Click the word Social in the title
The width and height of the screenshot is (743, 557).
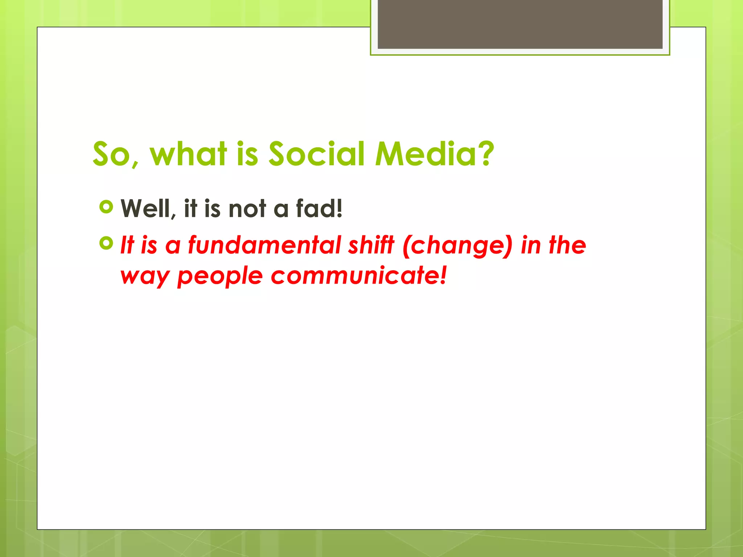pyautogui.click(x=316, y=154)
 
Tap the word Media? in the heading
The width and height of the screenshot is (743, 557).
pyautogui.click(x=434, y=154)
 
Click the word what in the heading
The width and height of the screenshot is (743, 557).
pyautogui.click(x=189, y=154)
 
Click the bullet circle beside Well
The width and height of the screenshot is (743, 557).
pyautogui.click(x=106, y=207)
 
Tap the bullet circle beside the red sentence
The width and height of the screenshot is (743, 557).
pyautogui.click(x=106, y=243)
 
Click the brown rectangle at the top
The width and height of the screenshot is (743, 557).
pyautogui.click(x=520, y=24)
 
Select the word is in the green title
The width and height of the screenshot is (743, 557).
pyautogui.click(x=247, y=154)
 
